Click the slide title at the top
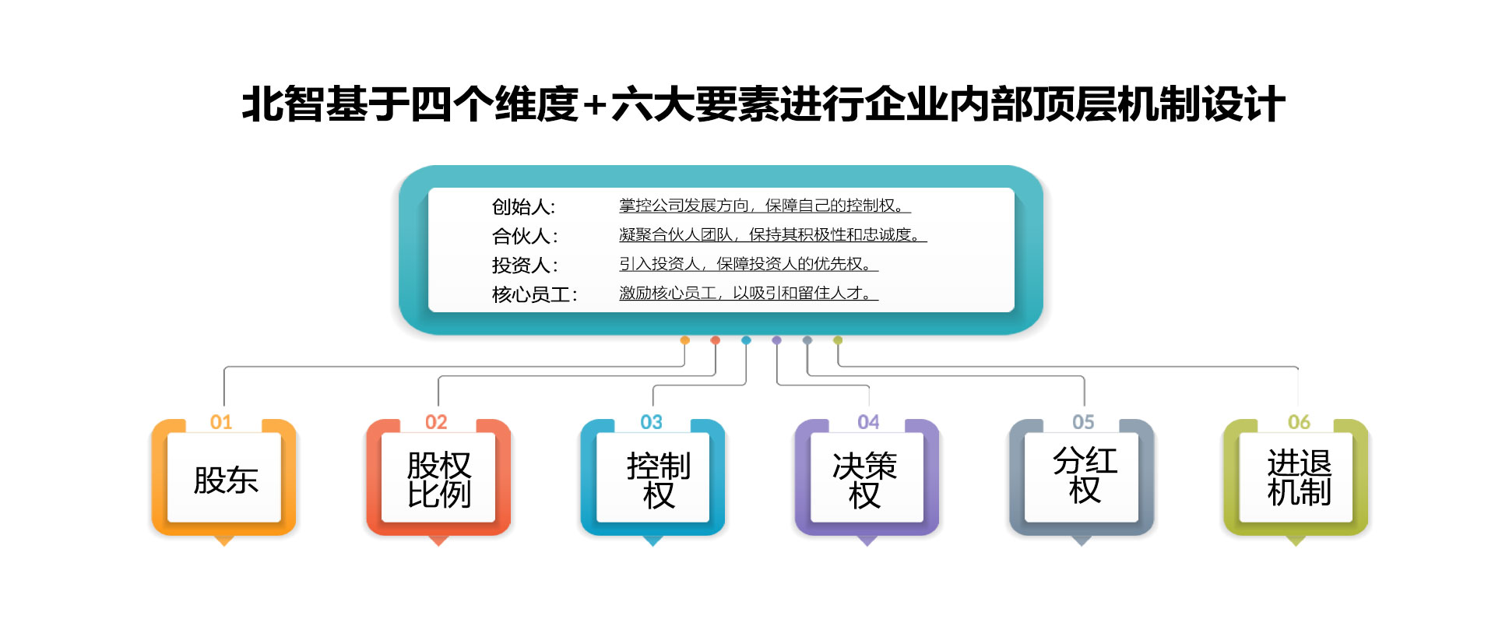click(x=763, y=104)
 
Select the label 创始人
click(x=523, y=206)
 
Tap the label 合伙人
click(x=525, y=236)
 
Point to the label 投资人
click(x=525, y=266)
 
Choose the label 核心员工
click(x=534, y=294)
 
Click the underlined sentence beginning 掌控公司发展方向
click(x=765, y=206)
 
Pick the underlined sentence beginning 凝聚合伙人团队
click(x=772, y=234)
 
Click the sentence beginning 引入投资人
click(x=748, y=264)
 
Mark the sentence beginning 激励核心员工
click(x=748, y=293)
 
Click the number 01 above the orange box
click(x=221, y=422)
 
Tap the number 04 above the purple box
click(x=868, y=422)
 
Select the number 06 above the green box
click(x=1299, y=422)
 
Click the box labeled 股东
click(x=224, y=478)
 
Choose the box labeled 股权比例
click(x=438, y=478)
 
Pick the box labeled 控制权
click(x=653, y=478)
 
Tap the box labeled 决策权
click(x=867, y=478)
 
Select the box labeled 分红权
click(x=1082, y=478)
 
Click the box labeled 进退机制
click(x=1296, y=478)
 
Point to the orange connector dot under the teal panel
click(x=685, y=340)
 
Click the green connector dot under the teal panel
click(x=838, y=340)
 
